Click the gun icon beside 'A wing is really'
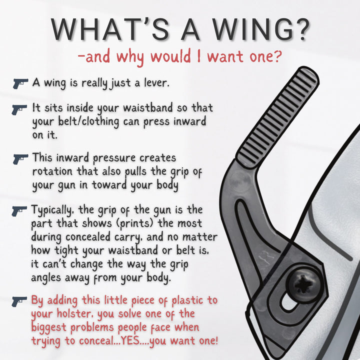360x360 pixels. (20, 83)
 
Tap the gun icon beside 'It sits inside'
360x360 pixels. (20, 108)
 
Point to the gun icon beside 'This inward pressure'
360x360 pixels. (20, 159)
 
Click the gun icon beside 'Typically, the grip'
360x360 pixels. (20, 210)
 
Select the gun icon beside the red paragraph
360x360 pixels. (20, 301)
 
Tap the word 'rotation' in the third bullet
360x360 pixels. (53, 171)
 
